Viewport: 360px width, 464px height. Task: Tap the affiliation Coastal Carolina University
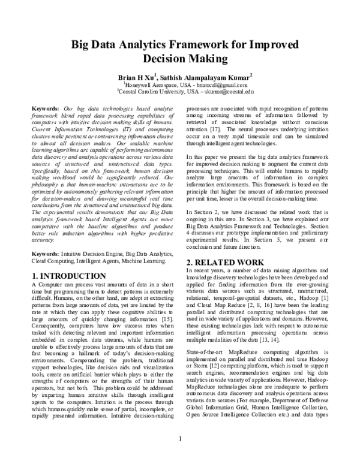point(151,93)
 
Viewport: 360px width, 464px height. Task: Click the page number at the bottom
point(180,455)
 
